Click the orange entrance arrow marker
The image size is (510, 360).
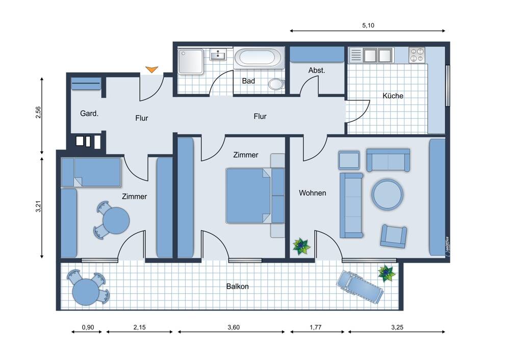pyautogui.click(x=151, y=69)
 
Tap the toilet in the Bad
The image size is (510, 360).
pyautogui.click(x=276, y=84)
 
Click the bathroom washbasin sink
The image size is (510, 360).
pyautogui.click(x=218, y=55)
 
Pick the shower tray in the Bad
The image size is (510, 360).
pyautogui.click(x=191, y=62)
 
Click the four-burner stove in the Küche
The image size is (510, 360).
pyautogui.click(x=417, y=55)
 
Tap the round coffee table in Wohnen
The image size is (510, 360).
pyautogui.click(x=388, y=194)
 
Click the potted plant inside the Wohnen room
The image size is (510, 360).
pyautogui.click(x=301, y=246)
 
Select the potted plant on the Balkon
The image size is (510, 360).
pyautogui.click(x=387, y=273)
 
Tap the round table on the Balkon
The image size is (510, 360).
pyautogui.click(x=86, y=292)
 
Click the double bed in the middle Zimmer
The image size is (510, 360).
pyautogui.click(x=249, y=195)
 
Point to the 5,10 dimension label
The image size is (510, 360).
pyautogui.click(x=368, y=25)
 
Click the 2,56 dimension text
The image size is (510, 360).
pyautogui.click(x=38, y=113)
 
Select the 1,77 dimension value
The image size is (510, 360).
pyautogui.click(x=316, y=327)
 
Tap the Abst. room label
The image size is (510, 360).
pyautogui.click(x=317, y=70)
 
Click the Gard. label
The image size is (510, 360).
pyautogui.click(x=89, y=114)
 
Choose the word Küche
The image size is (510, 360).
pyautogui.click(x=393, y=96)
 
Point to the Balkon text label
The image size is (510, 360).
pyautogui.click(x=238, y=287)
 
